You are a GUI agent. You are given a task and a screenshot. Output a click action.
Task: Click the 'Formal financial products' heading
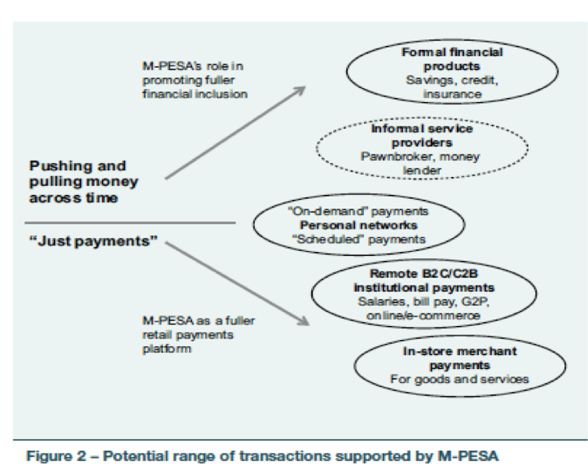click(452, 59)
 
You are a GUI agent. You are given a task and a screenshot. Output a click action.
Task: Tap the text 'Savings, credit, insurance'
click(452, 87)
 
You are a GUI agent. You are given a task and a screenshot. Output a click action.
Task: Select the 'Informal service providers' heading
click(422, 136)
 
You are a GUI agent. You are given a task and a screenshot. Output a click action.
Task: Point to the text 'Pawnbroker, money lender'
click(421, 163)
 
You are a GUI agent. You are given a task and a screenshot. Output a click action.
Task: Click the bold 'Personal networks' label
click(359, 225)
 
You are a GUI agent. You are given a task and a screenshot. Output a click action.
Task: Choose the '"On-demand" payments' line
click(358, 211)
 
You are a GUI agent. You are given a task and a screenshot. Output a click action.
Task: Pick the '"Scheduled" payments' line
click(359, 239)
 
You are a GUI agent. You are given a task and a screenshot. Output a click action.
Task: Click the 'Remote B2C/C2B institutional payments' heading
click(424, 281)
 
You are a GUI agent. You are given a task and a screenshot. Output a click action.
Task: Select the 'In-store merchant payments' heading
click(460, 358)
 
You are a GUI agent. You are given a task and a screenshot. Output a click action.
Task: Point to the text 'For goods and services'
click(460, 379)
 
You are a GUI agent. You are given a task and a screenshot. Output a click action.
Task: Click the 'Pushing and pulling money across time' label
click(83, 182)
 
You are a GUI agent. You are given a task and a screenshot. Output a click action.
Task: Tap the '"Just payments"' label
click(94, 241)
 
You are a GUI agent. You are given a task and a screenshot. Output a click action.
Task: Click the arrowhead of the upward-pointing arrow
click(301, 90)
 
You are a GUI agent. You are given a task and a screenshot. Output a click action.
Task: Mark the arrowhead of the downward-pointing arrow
click(304, 322)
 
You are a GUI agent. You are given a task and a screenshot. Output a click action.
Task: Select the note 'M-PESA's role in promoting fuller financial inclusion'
click(195, 80)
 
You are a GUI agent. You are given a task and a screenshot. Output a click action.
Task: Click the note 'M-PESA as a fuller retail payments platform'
click(198, 335)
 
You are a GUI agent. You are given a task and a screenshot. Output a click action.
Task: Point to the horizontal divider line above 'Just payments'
click(130, 223)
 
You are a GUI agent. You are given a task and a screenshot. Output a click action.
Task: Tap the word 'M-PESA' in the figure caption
click(468, 456)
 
